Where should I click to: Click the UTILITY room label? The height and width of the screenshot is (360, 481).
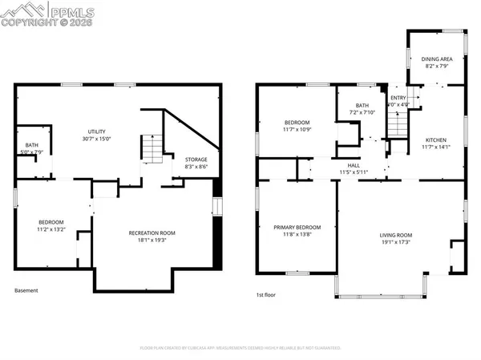click(97, 131)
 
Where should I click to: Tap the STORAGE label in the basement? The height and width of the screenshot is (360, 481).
click(196, 160)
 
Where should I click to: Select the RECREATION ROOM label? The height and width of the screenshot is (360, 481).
click(152, 233)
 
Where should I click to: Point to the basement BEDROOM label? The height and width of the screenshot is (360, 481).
click(52, 221)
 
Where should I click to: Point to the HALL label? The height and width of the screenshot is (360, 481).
click(353, 165)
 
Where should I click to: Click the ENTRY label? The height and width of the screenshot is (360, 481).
click(398, 97)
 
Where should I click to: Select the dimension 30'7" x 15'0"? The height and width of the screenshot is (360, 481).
click(97, 139)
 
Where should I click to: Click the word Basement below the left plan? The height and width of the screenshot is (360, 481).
click(26, 290)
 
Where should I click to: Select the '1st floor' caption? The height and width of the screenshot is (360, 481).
click(265, 294)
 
